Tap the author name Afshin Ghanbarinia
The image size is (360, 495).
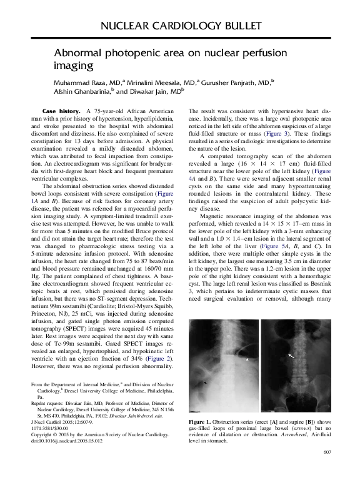point(81,91)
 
